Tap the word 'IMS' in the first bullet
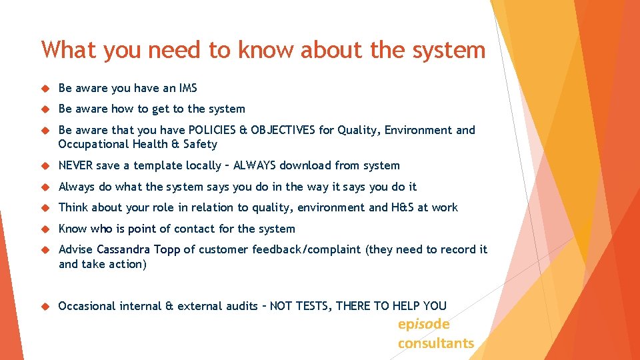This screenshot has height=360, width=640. click(x=187, y=87)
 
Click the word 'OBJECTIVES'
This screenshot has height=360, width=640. click(x=281, y=130)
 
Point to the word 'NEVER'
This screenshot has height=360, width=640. click(x=75, y=165)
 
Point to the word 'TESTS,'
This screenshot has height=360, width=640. click(x=312, y=306)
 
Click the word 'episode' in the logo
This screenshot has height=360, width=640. click(x=423, y=325)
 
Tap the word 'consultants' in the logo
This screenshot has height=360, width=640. click(x=436, y=343)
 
